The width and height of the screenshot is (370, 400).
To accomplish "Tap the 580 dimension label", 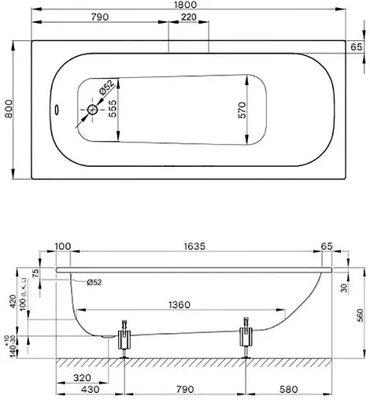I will [298, 391].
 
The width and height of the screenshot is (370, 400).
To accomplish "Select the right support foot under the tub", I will [248, 339].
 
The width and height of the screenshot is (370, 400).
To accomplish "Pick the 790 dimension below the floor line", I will [185, 391].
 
